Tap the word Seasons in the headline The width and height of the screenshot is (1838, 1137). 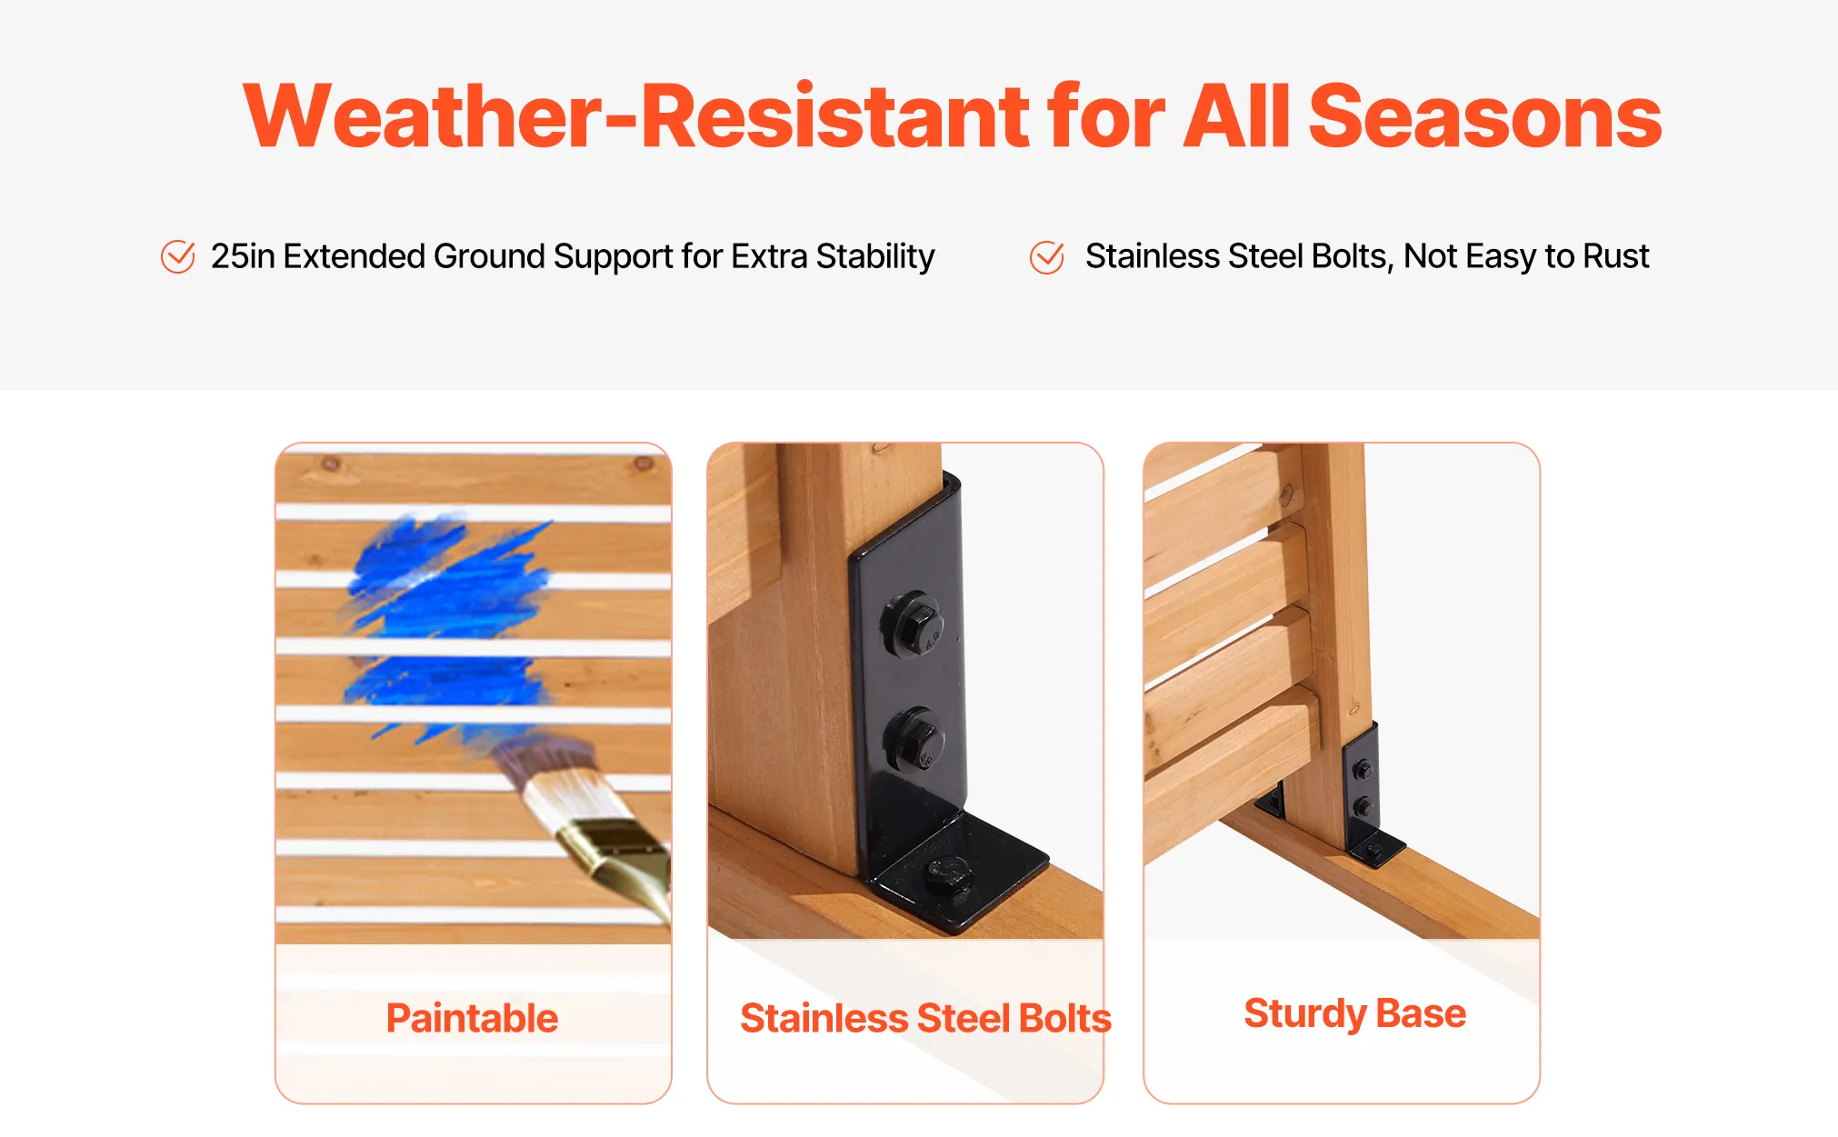point(1485,115)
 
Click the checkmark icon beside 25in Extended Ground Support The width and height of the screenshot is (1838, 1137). point(177,256)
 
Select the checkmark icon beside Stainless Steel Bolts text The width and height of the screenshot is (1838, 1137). point(1047,256)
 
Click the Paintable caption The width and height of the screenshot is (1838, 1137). point(472,1018)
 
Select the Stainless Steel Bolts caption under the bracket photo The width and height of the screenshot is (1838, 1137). point(925,1018)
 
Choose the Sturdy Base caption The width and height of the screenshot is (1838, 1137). point(1354,1014)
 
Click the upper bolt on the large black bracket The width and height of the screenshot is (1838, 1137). point(912,624)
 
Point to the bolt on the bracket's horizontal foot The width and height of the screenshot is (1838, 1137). point(948,876)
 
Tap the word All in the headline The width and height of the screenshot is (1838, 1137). point(1236,115)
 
